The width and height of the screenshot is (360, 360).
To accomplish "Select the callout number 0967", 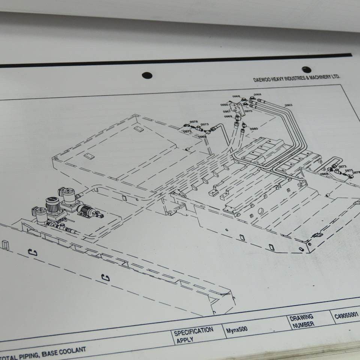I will pos(226,111).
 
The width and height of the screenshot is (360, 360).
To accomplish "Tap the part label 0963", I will pos(288,105).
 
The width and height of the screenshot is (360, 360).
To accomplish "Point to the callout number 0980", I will pos(254,129).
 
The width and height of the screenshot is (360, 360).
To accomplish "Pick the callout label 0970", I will pos(248,111).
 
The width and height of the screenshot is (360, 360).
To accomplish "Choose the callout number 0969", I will pos(228,117).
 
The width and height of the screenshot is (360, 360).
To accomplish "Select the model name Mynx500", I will pos(237,329).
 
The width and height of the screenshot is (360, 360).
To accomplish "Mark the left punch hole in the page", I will pos(147,75).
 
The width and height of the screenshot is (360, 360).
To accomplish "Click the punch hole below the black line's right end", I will pos(306,69).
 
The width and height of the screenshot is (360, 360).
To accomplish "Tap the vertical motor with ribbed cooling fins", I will pos(53,205).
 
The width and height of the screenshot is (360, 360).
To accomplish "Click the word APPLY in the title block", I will pos(184,340).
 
